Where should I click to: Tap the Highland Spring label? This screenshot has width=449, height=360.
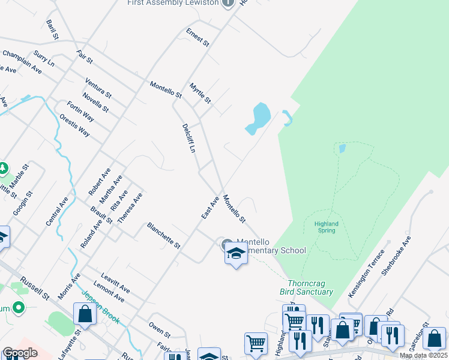[326, 227]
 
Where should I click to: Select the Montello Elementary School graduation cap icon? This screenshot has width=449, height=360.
[236, 254]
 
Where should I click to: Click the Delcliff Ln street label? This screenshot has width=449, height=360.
[189, 138]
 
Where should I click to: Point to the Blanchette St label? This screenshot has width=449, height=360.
[164, 235]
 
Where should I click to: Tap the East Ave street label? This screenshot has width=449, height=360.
[210, 207]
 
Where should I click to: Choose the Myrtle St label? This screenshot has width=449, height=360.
[200, 93]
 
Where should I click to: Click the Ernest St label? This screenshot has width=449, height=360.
[197, 38]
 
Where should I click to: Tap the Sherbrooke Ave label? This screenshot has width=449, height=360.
[396, 254]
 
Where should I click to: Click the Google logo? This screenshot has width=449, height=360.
[20, 353]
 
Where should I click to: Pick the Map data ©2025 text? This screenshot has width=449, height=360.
[423, 355]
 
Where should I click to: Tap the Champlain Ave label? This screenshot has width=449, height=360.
[22, 62]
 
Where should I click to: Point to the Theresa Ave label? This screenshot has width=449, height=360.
[130, 208]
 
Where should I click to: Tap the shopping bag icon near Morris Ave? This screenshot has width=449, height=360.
[85, 314]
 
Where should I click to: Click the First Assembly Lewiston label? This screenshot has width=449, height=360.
[172, 3]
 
